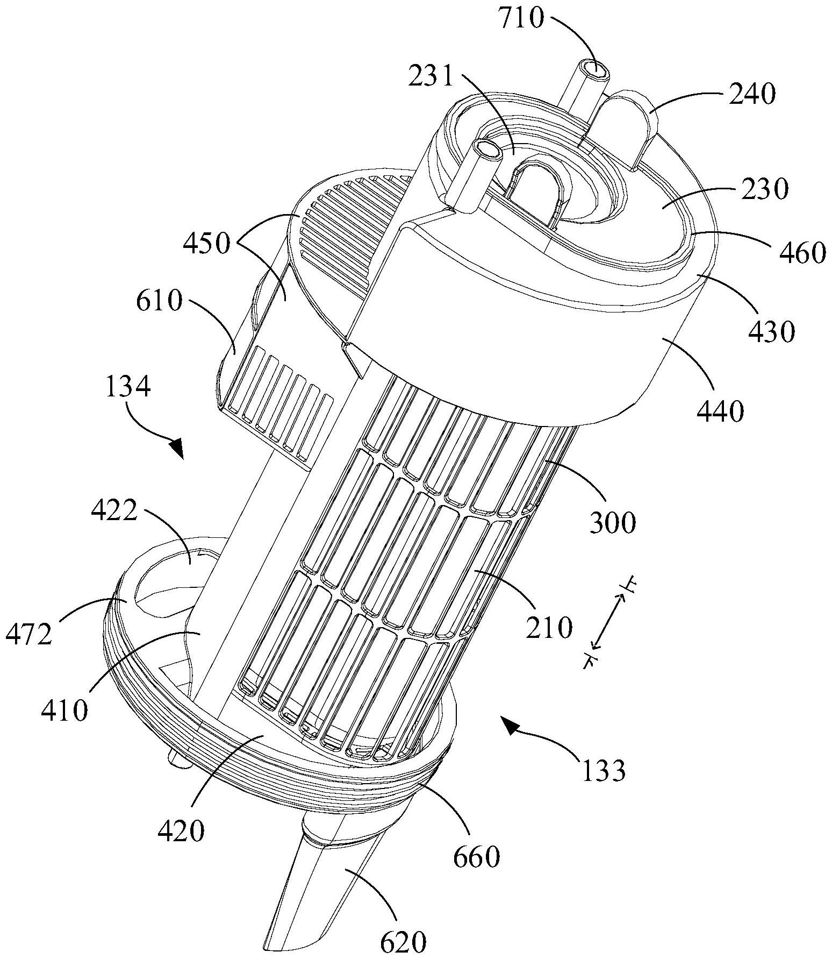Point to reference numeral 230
[760, 189]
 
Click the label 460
[798, 252]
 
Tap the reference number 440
[720, 411]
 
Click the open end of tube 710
[598, 70]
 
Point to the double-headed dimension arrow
[608, 622]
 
